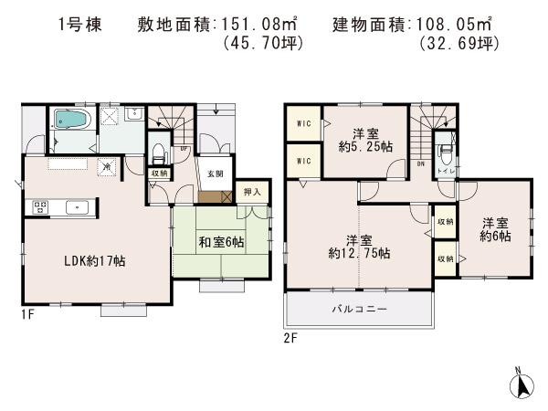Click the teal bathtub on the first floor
tap(69, 120)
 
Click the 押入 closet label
tap(252, 192)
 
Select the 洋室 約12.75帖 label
tap(356, 246)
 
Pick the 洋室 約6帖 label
tap(495, 229)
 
